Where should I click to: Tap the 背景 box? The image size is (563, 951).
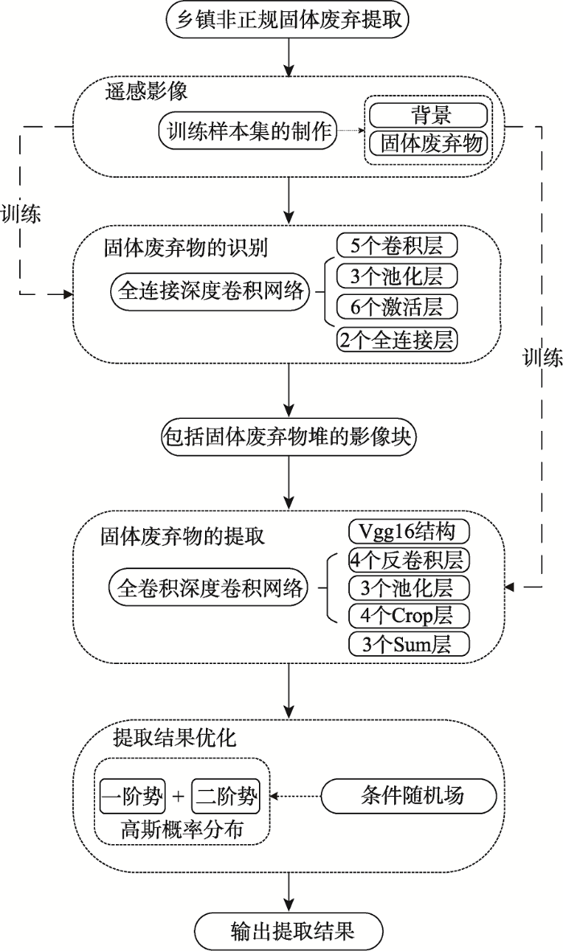tap(427, 114)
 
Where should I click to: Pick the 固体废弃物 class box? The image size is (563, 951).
tap(429, 143)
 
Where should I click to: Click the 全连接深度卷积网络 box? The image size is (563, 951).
tap(212, 291)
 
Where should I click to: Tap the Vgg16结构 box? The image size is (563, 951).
tap(409, 531)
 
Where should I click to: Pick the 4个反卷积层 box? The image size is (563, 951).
tap(409, 560)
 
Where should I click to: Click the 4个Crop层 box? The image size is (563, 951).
tap(409, 616)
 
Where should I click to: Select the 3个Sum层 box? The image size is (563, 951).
tap(409, 644)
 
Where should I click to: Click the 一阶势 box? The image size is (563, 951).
tap(132, 797)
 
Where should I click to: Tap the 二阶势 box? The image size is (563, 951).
tap(227, 797)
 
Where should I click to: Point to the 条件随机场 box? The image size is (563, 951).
tap(408, 797)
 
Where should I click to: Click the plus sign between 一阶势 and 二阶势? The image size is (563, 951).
tap(179, 797)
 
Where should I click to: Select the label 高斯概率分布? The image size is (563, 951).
tap(181, 828)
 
